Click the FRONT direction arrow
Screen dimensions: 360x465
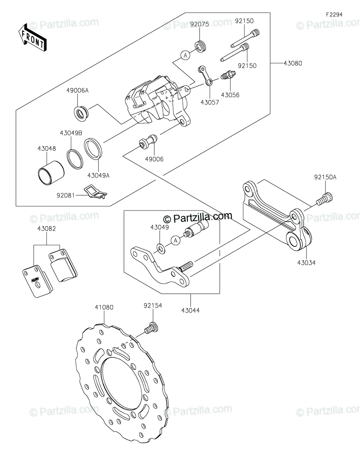[x=32, y=38]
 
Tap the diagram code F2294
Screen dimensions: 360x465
[x=334, y=15]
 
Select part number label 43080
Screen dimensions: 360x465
[x=293, y=63]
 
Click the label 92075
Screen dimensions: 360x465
[x=200, y=24]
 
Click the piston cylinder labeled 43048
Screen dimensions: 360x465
[x=51, y=172]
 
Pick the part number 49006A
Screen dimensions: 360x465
[x=78, y=91]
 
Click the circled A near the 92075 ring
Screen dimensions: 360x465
[x=186, y=55]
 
